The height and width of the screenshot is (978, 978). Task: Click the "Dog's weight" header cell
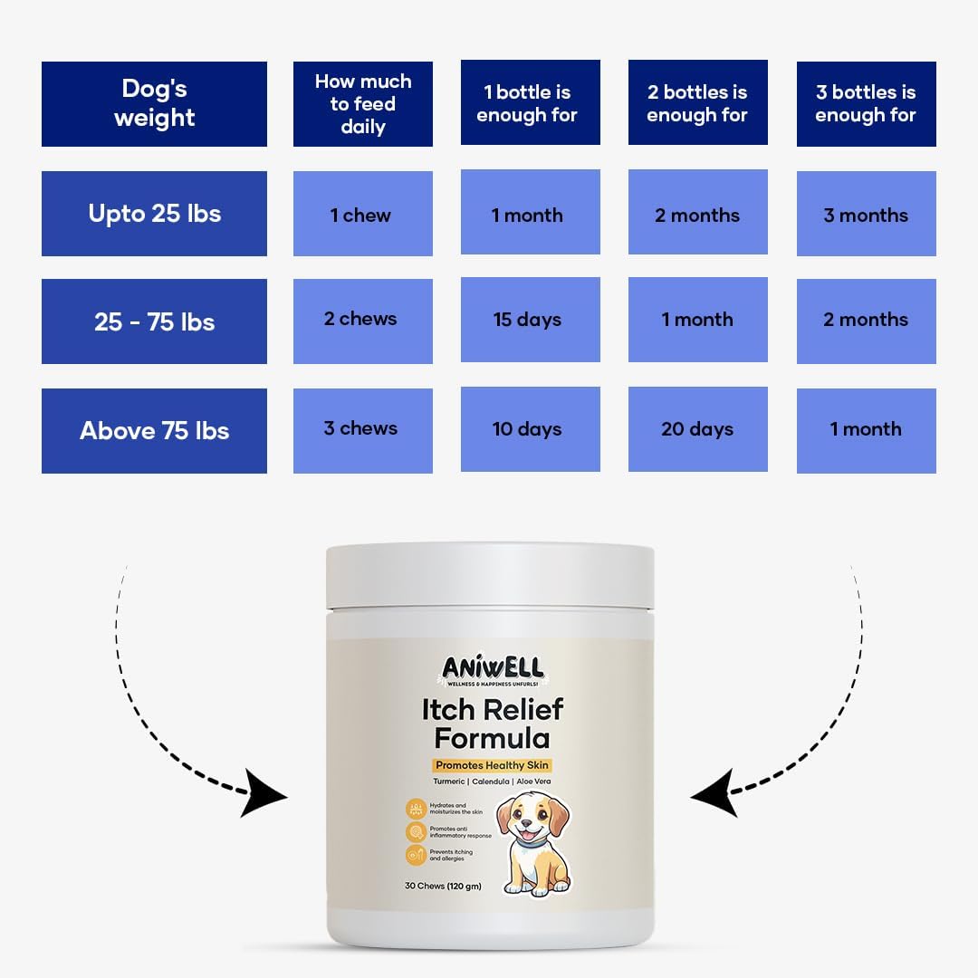click(x=154, y=103)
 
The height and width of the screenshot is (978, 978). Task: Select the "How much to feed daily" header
click(x=362, y=103)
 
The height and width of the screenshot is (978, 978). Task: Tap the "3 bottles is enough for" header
click(x=866, y=103)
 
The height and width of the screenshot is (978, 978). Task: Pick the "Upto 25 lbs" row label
click(x=154, y=214)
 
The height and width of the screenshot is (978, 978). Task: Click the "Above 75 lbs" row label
click(x=154, y=430)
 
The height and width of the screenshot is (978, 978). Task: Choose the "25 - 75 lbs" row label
click(x=154, y=321)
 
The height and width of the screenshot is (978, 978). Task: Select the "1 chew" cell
click(x=362, y=215)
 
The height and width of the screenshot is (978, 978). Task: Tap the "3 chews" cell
click(x=362, y=428)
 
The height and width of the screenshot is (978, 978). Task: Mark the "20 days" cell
click(x=697, y=429)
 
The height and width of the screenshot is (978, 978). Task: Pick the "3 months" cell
click(x=866, y=215)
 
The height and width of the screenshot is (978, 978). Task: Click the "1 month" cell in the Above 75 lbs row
click(x=866, y=429)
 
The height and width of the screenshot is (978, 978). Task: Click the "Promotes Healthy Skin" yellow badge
click(x=492, y=765)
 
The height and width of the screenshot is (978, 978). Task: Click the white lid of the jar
click(x=490, y=575)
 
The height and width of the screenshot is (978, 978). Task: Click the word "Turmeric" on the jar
click(x=449, y=781)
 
